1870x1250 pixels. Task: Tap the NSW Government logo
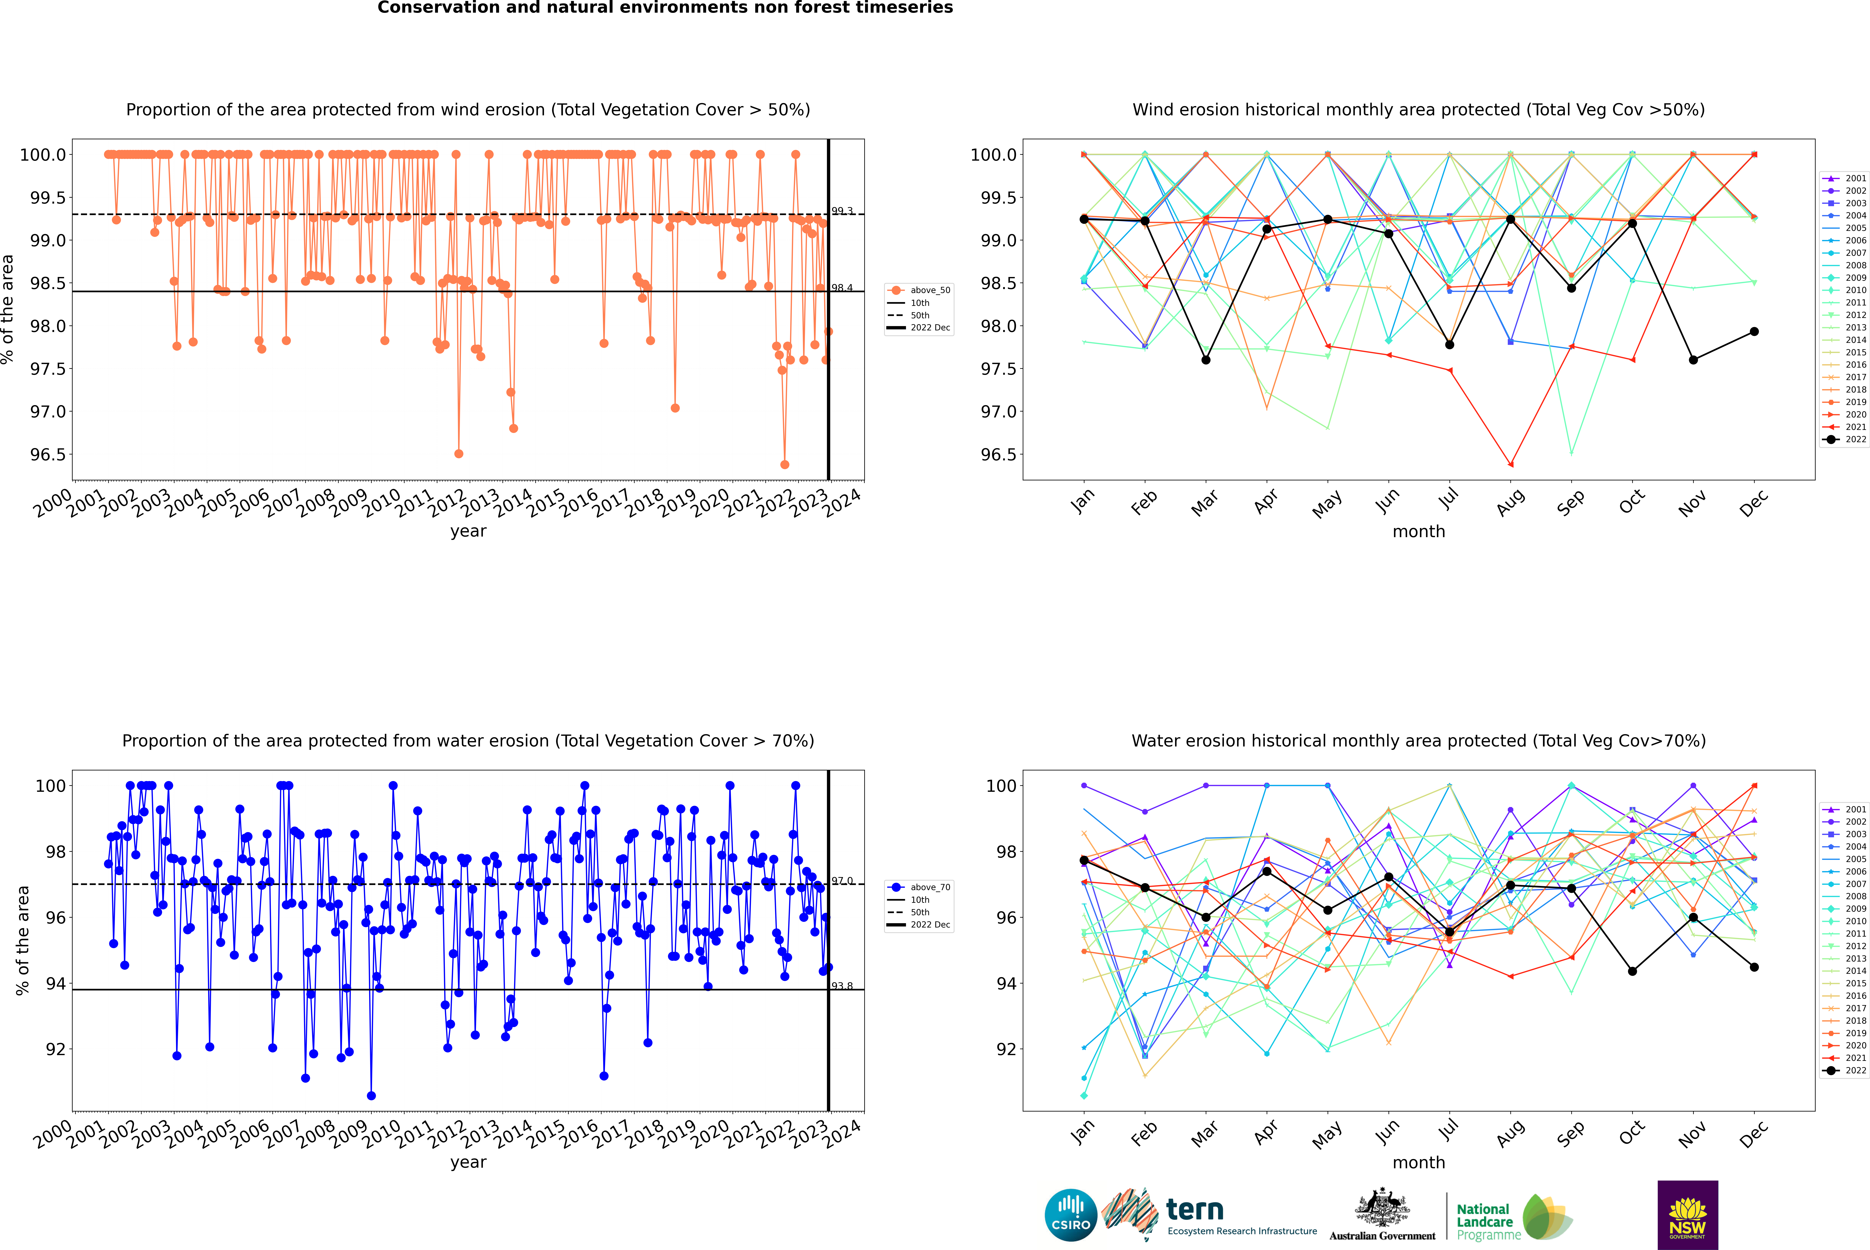click(1687, 1215)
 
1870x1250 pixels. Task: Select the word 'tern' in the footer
click(1194, 1209)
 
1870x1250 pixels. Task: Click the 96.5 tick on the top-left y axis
click(48, 454)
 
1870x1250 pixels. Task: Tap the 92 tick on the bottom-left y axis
click(56, 1049)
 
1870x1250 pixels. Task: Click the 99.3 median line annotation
click(842, 211)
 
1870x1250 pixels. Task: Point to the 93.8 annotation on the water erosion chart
click(842, 986)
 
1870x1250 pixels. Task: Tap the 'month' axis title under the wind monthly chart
click(1418, 532)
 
